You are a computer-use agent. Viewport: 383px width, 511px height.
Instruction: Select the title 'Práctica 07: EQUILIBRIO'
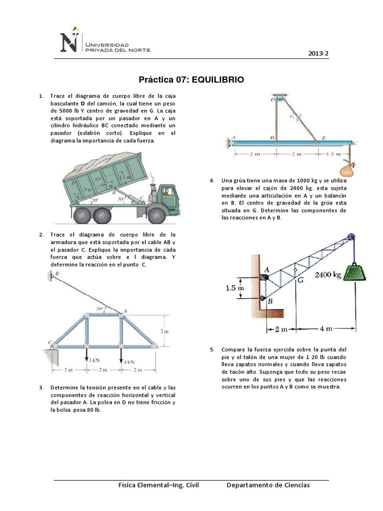pyautogui.click(x=191, y=80)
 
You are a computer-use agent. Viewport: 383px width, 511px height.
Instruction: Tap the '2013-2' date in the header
pyautogui.click(x=318, y=54)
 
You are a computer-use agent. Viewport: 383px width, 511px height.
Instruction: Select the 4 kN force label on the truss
pyautogui.click(x=129, y=361)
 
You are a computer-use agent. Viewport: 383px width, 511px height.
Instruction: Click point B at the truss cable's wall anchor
pyautogui.click(x=56, y=273)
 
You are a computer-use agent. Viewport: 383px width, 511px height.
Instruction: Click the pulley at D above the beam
pyautogui.click(x=279, y=99)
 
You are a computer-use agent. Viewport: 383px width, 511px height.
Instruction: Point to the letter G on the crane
pyautogui.click(x=300, y=280)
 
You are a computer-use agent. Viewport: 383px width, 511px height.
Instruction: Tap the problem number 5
pyautogui.click(x=212, y=349)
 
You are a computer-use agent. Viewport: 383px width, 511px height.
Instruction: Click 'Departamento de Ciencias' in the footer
pyautogui.click(x=268, y=485)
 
